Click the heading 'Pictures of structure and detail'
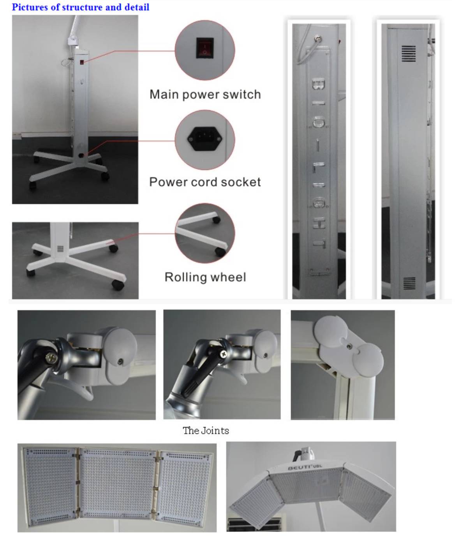(81, 7)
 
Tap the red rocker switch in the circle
(205, 48)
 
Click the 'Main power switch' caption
(205, 95)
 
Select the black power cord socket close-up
(205, 139)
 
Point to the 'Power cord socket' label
(205, 182)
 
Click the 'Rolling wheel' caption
(205, 277)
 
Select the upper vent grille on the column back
(408, 53)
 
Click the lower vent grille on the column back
(409, 283)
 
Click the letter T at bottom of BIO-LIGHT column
(319, 243)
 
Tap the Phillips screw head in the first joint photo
(50, 357)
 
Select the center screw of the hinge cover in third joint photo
(348, 347)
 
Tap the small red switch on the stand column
(82, 62)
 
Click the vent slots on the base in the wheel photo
(60, 249)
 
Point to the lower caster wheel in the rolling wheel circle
(220, 252)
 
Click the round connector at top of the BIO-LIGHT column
(318, 39)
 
